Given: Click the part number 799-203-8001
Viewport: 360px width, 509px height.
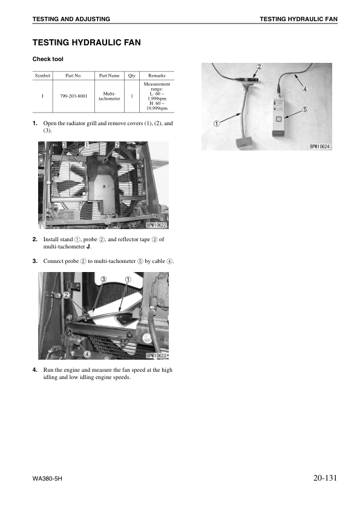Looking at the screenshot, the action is [73, 96].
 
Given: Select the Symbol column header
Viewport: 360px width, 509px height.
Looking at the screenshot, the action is [42, 76].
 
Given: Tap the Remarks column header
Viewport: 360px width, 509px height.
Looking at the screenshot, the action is [157, 76].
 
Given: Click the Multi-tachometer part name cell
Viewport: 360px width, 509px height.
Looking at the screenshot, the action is [109, 96].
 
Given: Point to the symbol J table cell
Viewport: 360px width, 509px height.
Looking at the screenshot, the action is [42, 96].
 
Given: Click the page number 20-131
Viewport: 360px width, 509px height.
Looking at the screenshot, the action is [326, 478].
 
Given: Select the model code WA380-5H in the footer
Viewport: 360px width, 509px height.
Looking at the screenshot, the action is [47, 479].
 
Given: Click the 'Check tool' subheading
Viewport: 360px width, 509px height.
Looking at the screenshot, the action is [48, 59].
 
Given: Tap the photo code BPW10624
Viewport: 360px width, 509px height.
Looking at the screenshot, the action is [319, 147].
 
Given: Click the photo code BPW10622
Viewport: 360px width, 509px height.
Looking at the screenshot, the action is [156, 225].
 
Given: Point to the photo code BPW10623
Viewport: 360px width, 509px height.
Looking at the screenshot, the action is [156, 355].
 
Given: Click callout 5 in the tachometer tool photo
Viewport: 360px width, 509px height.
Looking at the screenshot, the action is [305, 109].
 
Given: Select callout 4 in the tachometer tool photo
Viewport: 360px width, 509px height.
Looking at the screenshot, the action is [305, 89].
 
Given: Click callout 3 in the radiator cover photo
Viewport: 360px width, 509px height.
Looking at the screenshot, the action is [65, 144].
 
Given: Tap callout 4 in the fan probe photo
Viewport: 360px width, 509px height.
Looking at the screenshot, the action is [87, 354].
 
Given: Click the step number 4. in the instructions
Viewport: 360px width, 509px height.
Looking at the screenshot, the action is [34, 370].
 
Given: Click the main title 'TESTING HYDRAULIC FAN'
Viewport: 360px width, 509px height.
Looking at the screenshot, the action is [87, 42].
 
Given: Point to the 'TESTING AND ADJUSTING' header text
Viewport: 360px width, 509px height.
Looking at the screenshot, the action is [71, 19].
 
